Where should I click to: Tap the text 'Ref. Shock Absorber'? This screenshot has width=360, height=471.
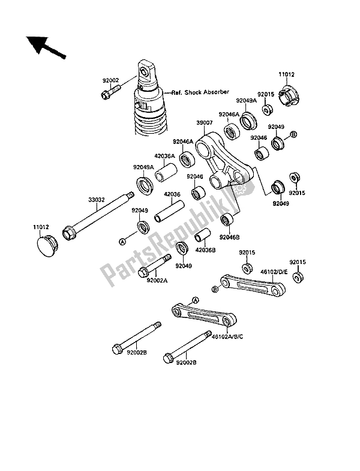200,92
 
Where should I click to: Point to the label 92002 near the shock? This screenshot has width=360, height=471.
109,79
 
